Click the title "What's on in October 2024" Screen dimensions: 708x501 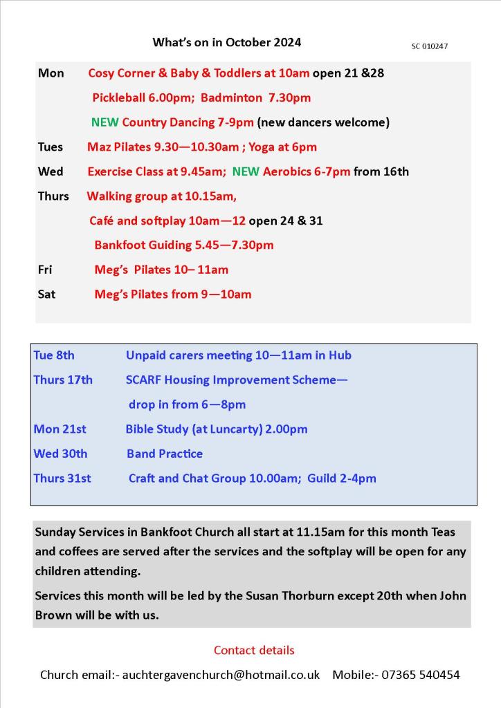[227, 42]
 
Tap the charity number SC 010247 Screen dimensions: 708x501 [430, 46]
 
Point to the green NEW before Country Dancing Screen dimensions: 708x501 [104, 122]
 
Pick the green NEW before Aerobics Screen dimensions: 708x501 [246, 171]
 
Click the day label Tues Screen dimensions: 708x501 [51, 147]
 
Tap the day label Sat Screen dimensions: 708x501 [46, 294]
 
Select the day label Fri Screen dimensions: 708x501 [45, 270]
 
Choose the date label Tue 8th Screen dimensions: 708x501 [54, 355]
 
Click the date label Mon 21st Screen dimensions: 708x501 [60, 429]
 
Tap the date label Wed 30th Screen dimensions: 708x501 [60, 454]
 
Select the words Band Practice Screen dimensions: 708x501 [165, 454]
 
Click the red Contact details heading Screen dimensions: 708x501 [254, 650]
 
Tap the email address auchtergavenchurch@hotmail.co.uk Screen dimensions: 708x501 [221, 675]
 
